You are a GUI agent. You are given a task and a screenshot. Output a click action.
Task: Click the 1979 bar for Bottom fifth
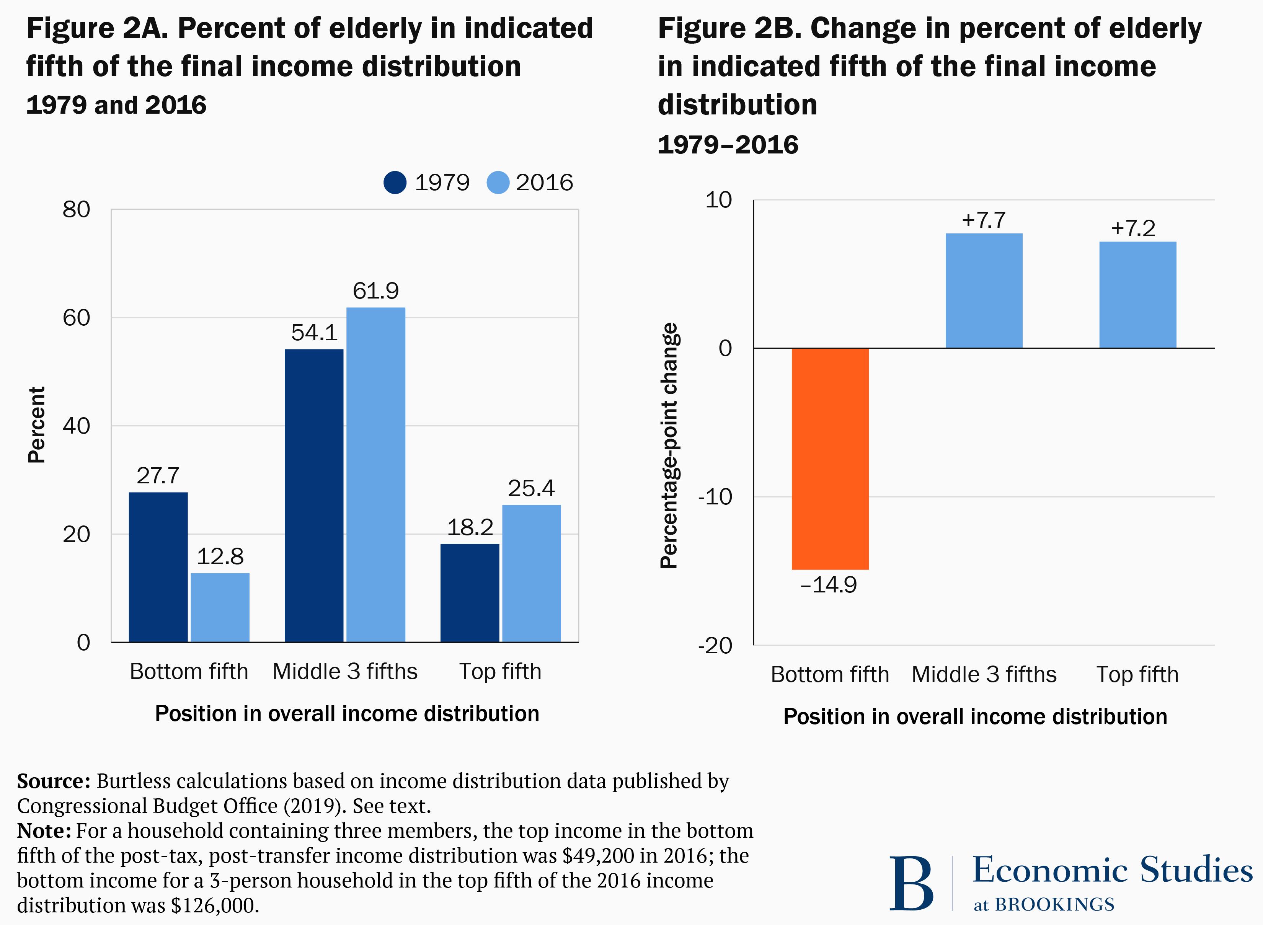point(158,567)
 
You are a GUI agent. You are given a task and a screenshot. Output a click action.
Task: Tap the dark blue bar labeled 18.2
point(470,592)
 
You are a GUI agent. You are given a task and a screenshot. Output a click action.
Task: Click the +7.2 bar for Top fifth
point(1137,295)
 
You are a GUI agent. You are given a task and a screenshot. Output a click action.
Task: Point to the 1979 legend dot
point(395,183)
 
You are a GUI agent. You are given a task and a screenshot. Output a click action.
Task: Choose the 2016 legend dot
point(498,183)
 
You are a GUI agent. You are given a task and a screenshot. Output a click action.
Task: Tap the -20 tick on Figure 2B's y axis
point(715,646)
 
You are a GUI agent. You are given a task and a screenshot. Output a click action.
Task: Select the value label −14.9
point(829,585)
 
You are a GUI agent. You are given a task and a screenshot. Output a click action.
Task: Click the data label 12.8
point(220,556)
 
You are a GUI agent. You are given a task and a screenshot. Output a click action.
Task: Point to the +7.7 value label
point(984,220)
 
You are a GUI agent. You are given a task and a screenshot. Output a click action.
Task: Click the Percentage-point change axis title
point(669,446)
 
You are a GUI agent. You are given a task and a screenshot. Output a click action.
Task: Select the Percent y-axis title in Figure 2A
point(36,425)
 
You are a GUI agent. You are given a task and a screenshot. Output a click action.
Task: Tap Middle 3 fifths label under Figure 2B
point(984,674)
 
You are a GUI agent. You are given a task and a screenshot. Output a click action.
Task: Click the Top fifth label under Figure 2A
point(500,671)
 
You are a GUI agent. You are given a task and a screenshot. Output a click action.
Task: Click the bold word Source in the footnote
point(53,781)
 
